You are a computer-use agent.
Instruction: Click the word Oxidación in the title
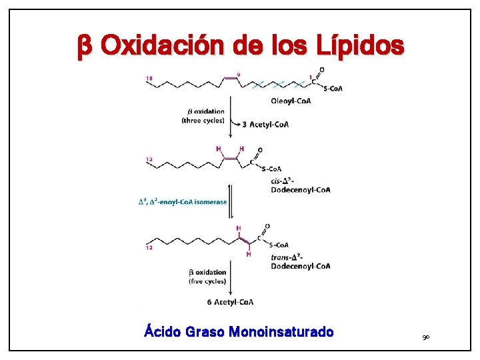[x=164, y=46]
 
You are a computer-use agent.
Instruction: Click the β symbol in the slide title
[x=84, y=47]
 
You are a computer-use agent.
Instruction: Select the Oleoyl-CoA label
[x=291, y=101]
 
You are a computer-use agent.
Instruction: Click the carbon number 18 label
[x=150, y=79]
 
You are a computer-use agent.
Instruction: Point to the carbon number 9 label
[x=239, y=75]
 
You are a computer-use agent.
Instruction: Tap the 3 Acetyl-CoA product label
[x=265, y=124]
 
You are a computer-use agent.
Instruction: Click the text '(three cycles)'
[x=203, y=121]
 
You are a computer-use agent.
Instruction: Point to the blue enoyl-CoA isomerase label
[x=182, y=201]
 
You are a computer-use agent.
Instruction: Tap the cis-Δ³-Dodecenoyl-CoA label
[x=300, y=185]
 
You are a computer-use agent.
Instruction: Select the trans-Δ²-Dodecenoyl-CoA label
[x=300, y=261]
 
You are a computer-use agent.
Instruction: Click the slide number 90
[x=426, y=339]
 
